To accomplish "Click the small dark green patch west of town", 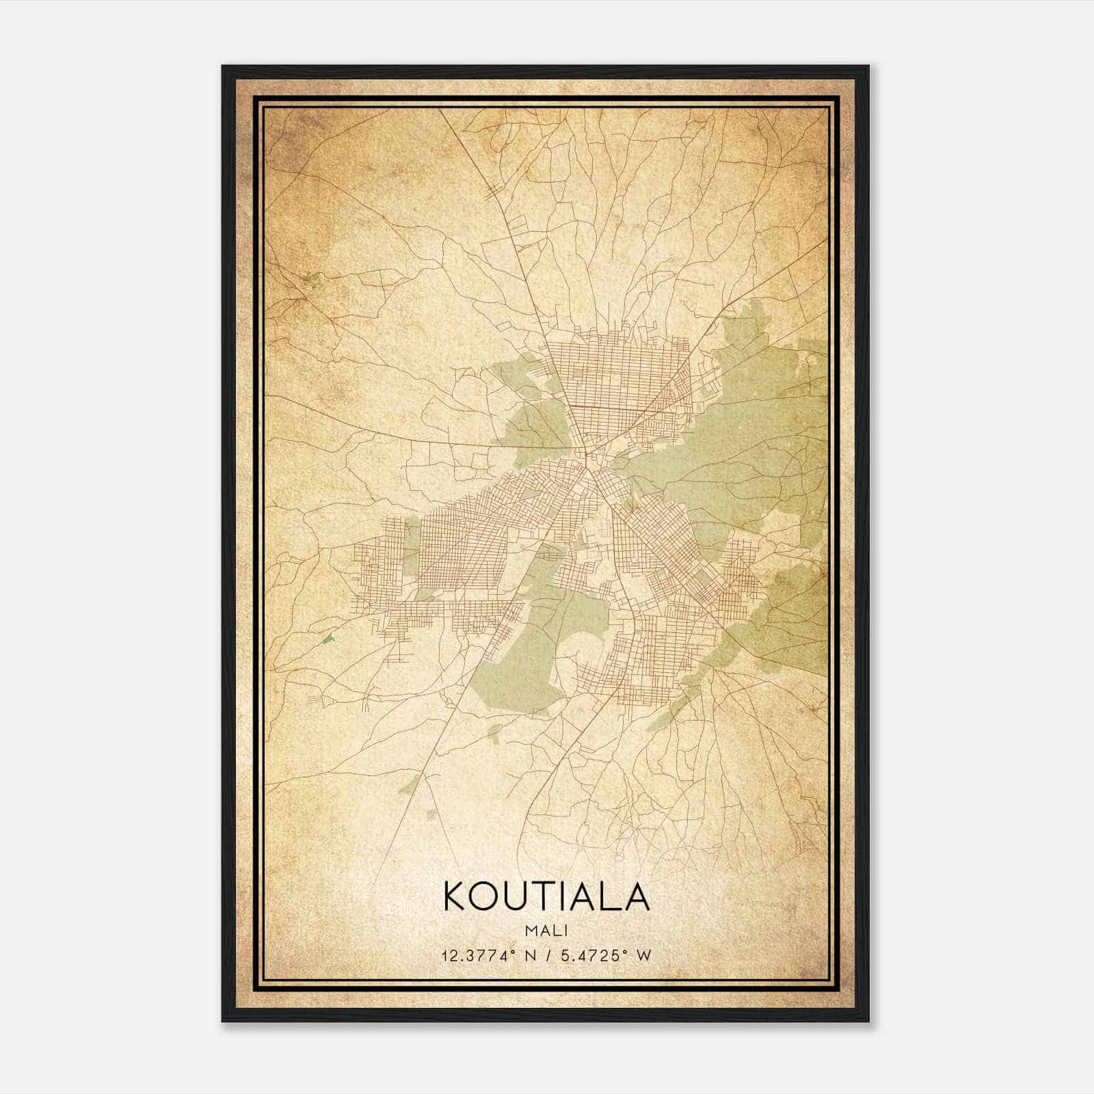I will [x=329, y=639].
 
